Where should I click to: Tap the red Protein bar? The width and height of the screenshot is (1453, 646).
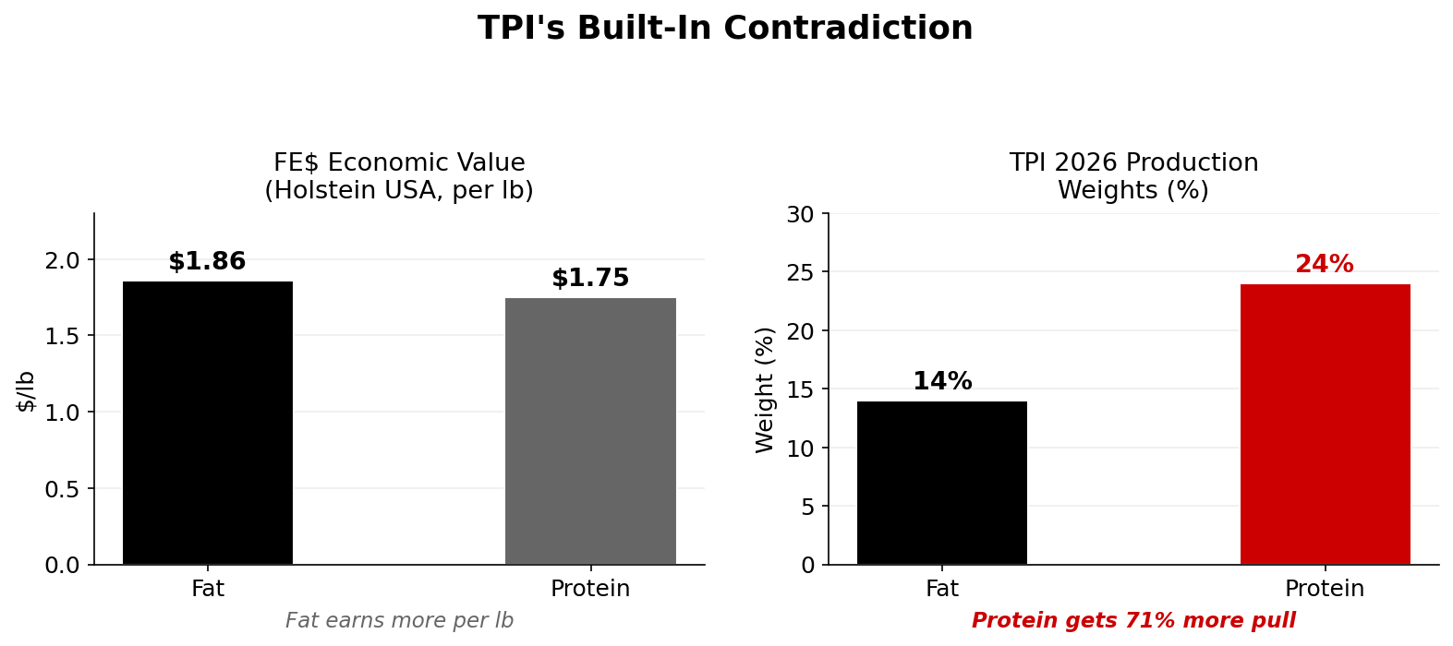(1325, 424)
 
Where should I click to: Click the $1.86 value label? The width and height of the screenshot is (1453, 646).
(207, 262)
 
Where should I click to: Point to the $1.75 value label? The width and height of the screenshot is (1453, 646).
(590, 279)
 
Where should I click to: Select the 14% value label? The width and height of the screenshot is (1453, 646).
(942, 382)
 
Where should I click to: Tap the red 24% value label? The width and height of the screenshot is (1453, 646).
(1324, 265)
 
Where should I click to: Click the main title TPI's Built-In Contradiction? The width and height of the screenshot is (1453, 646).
(725, 29)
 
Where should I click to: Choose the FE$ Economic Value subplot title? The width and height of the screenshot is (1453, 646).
(399, 176)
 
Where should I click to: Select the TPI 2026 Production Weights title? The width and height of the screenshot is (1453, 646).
(1133, 176)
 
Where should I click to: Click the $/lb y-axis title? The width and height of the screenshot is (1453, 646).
(27, 390)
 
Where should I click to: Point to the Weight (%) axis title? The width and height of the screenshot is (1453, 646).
(765, 389)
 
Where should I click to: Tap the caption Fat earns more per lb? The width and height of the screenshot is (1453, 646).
(399, 621)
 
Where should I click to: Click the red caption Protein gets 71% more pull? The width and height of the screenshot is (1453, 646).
(1133, 621)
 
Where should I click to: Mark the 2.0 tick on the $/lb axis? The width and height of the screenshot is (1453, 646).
(63, 260)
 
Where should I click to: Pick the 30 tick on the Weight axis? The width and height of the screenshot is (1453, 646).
(800, 214)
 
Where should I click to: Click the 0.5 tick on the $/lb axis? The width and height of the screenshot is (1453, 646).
(63, 489)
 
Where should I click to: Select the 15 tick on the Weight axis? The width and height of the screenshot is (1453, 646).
(800, 389)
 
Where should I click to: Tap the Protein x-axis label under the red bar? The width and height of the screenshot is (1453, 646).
(1324, 589)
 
